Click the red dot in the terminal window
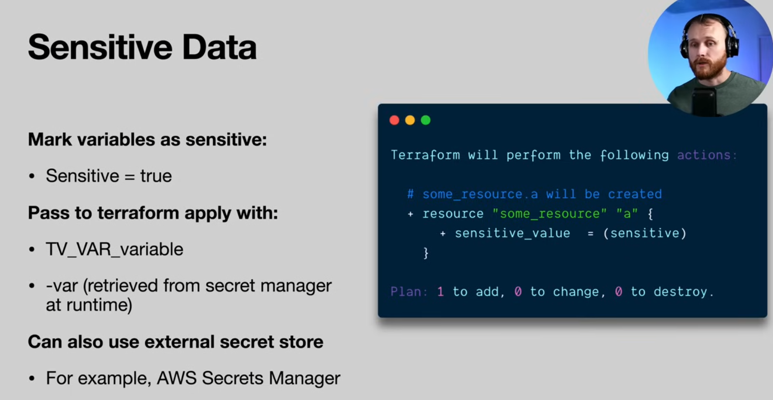[394, 120]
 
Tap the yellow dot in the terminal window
[410, 120]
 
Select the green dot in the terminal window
[426, 120]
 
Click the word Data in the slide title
[219, 47]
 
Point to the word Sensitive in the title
[100, 47]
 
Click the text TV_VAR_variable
[115, 249]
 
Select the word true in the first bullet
[156, 176]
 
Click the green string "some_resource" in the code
[549, 214]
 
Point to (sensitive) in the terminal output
[645, 233]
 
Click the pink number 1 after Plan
[441, 292]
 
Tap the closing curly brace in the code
[426, 253]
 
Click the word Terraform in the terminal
[425, 155]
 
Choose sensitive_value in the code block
[512, 233]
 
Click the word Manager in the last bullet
[304, 378]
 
